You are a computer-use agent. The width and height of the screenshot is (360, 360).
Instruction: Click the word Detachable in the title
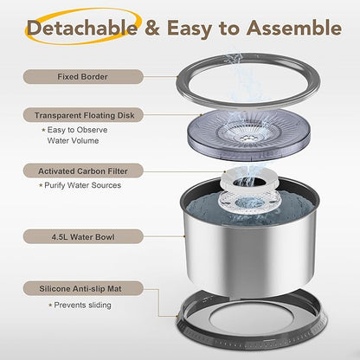(x=82, y=28)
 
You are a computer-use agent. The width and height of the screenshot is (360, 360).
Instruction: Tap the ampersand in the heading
(x=152, y=28)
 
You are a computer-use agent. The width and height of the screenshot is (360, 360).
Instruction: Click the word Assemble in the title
(x=294, y=28)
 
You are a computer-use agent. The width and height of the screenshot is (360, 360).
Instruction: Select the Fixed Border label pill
(x=83, y=77)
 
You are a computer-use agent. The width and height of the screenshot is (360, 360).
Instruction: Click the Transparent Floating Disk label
(x=83, y=115)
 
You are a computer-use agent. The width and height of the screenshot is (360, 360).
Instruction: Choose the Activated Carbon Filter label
(x=83, y=171)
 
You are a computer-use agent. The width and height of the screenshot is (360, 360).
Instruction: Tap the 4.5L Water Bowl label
(x=83, y=237)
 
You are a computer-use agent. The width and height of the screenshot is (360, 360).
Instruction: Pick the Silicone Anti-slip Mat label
(x=83, y=289)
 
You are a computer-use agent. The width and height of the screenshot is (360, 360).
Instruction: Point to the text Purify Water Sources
(x=82, y=185)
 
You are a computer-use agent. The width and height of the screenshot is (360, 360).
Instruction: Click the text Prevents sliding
(x=82, y=305)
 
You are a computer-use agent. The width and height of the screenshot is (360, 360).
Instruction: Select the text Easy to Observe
(x=77, y=130)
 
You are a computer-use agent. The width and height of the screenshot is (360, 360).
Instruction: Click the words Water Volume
(x=73, y=141)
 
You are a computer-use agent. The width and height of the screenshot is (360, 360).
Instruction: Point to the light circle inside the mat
(x=250, y=318)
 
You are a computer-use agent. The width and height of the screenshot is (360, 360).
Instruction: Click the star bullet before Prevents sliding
(x=50, y=305)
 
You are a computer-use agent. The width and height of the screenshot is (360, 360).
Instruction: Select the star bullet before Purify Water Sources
(x=41, y=185)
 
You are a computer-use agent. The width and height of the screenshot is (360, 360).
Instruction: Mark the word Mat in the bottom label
(x=114, y=289)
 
